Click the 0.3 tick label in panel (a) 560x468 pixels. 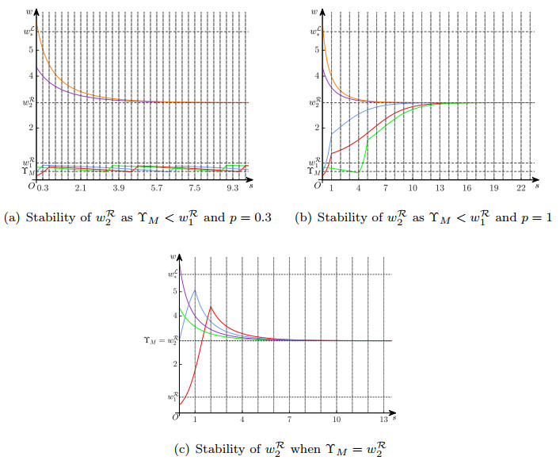(x=43, y=188)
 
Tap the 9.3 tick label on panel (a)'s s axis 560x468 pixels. (x=233, y=188)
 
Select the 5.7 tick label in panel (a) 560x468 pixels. (x=156, y=188)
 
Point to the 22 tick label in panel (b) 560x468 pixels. (x=521, y=188)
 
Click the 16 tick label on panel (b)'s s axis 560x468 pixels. (x=467, y=188)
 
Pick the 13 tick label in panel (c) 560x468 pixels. (x=383, y=419)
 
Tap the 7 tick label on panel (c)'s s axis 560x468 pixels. (x=289, y=419)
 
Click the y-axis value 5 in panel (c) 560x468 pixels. (x=175, y=291)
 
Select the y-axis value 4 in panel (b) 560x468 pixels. (x=317, y=76)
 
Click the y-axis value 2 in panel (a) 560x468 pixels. (x=31, y=128)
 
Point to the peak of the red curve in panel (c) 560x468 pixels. (x=211, y=306)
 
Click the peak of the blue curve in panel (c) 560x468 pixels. (x=195, y=290)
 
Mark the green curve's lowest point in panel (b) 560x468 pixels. (x=357, y=173)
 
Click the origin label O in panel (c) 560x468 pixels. (x=175, y=417)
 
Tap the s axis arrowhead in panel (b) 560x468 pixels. (x=536, y=179)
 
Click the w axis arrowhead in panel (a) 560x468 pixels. (x=36, y=12)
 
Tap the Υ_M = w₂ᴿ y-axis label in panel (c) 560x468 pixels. (x=161, y=340)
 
